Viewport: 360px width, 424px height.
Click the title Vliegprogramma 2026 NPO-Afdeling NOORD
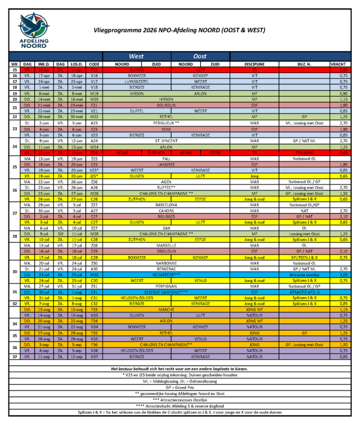click(179, 30)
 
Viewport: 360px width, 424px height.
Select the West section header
click(136, 56)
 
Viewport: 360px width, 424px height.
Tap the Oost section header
click(200, 56)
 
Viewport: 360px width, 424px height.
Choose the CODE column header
click(94, 64)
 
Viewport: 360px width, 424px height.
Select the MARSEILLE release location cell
click(166, 245)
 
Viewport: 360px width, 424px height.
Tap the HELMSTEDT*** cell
click(166, 275)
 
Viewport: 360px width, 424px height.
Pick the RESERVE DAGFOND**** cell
click(166, 292)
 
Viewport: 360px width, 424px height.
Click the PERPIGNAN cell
click(166, 286)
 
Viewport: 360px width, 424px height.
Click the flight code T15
click(94, 69)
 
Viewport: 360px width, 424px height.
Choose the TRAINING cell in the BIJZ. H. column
click(305, 152)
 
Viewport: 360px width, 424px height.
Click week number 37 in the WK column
click(15, 357)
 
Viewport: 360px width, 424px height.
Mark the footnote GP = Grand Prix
click(180, 387)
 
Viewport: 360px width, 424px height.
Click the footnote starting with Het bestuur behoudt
click(180, 369)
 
